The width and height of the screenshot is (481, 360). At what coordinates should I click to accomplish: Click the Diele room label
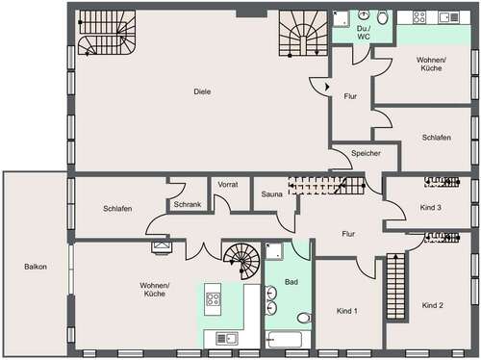point(201,92)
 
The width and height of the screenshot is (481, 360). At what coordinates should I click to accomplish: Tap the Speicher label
point(367,153)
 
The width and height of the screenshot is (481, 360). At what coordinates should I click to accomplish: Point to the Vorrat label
point(228,183)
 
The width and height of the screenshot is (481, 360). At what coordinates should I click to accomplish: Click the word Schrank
point(187,204)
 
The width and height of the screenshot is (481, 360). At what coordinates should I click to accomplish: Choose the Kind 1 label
point(347,311)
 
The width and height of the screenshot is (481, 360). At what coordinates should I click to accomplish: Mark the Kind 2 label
point(432,305)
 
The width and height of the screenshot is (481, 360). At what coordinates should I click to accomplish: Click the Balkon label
point(36,267)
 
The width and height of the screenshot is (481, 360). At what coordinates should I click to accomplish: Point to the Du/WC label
point(365,32)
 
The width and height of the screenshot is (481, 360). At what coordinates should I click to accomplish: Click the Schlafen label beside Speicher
point(436,138)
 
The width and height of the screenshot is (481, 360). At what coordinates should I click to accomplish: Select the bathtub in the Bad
point(287,339)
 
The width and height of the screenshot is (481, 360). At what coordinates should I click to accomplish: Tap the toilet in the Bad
point(304,317)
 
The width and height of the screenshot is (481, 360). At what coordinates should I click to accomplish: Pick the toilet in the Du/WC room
point(383,16)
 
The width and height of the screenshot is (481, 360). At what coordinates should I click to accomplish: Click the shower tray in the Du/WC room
point(342,16)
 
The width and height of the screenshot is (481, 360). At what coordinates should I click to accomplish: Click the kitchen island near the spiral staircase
point(213,299)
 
